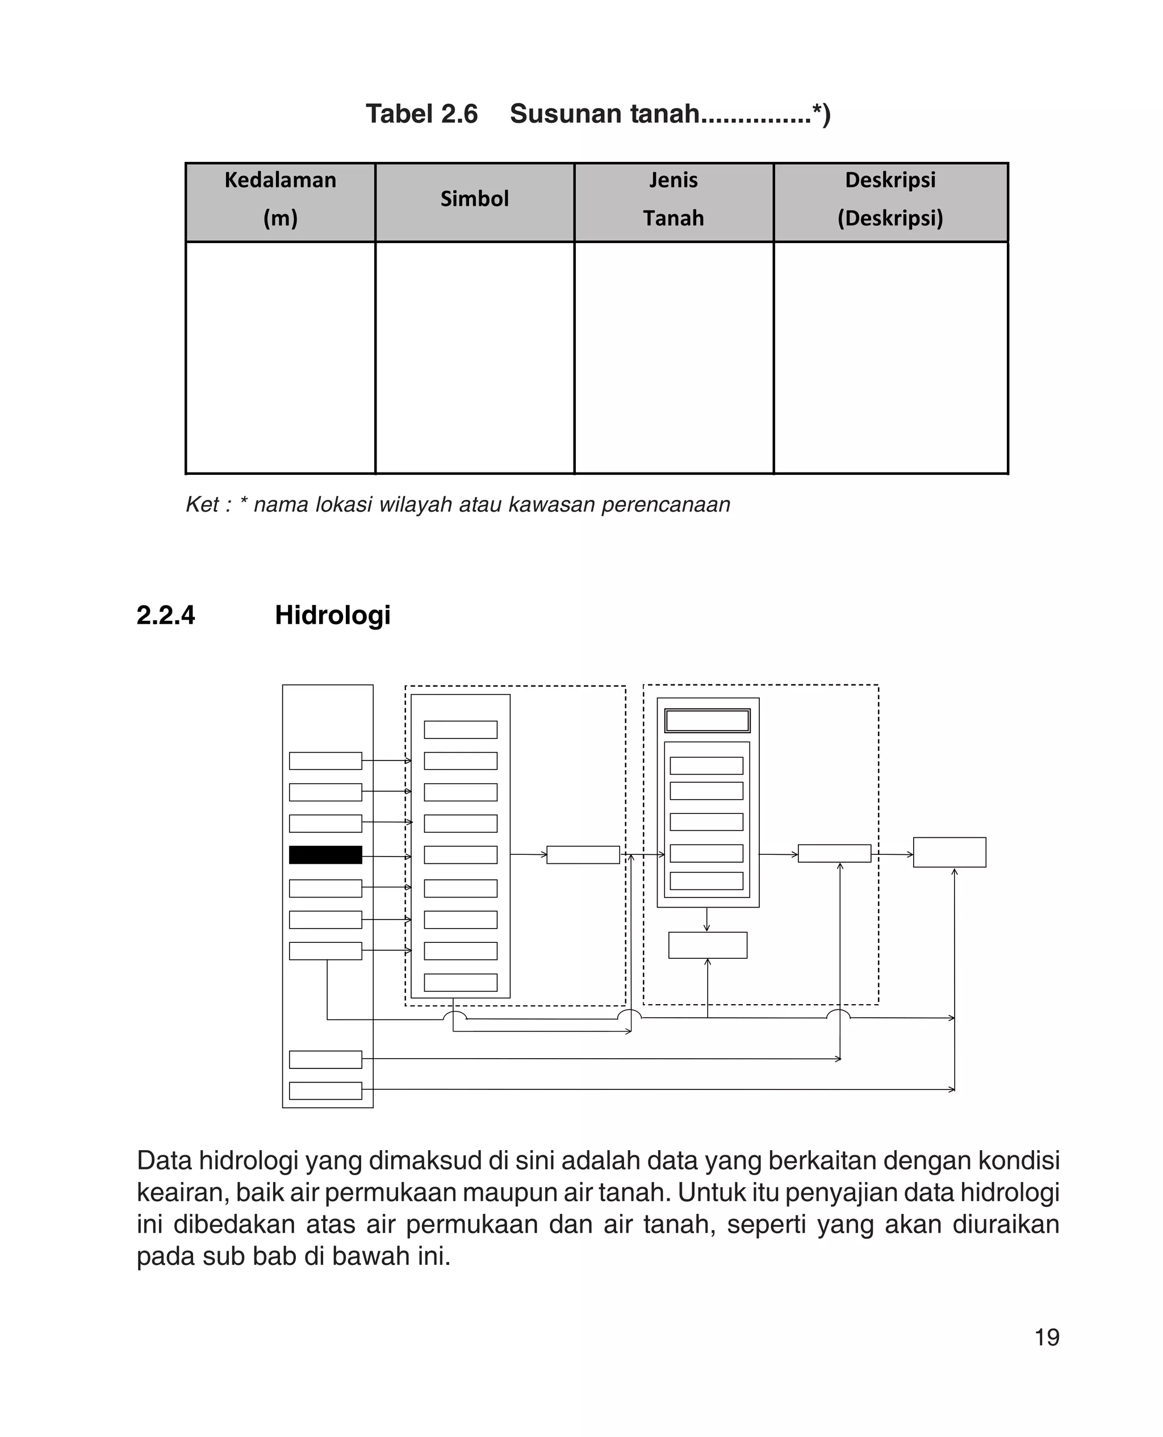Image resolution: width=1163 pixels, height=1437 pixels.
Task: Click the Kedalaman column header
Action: pyautogui.click(x=280, y=199)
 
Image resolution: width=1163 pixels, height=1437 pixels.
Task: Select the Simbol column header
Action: pyautogui.click(x=474, y=199)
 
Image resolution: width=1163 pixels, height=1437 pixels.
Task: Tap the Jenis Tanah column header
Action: pyautogui.click(x=673, y=199)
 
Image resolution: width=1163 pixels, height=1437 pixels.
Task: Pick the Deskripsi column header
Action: pyautogui.click(x=890, y=199)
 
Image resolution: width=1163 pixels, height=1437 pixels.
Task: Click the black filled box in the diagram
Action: pyautogui.click(x=325, y=855)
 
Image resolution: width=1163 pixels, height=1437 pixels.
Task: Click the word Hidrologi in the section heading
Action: pyautogui.click(x=332, y=615)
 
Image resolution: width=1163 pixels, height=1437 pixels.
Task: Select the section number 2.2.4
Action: pyautogui.click(x=165, y=615)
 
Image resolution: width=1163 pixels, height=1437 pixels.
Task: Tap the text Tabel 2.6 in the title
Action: pyautogui.click(x=421, y=114)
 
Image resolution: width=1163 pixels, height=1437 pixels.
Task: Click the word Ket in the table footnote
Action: pyautogui.click(x=201, y=504)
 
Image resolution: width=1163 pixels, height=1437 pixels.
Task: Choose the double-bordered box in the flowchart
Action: pyautogui.click(x=708, y=721)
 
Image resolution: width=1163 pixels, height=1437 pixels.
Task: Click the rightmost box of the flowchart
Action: pyautogui.click(x=949, y=852)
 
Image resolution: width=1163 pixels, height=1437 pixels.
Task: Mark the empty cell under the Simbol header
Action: pyautogui.click(x=474, y=358)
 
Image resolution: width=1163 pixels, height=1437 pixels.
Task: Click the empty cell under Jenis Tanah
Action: pyautogui.click(x=673, y=358)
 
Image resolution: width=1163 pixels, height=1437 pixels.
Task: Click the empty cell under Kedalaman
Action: pyautogui.click(x=280, y=358)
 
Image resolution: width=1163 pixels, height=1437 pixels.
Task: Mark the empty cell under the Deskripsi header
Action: pyautogui.click(x=890, y=358)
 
